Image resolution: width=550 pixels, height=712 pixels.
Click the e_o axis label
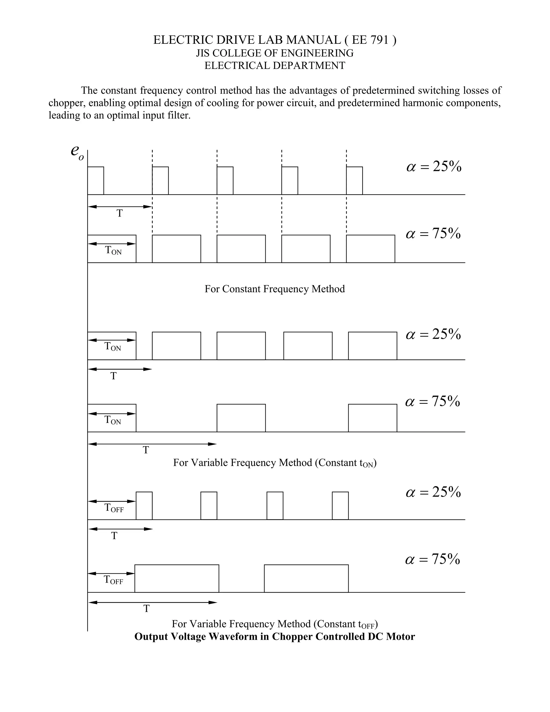pos(77,153)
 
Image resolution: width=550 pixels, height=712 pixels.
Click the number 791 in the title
pos(379,40)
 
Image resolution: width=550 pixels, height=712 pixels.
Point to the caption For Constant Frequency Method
pos(275,289)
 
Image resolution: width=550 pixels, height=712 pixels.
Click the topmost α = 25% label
pos(434,167)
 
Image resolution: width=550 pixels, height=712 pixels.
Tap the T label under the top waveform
pos(120,214)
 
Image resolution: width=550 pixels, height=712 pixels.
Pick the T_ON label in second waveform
pos(113,250)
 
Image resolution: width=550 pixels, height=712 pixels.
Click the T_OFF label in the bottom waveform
pos(113,580)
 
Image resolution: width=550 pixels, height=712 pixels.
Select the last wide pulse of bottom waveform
pos(306,578)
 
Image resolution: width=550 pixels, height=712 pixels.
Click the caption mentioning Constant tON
pos(275,463)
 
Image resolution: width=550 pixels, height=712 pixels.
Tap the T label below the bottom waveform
pos(147,608)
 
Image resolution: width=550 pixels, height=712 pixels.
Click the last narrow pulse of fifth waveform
pos(340,506)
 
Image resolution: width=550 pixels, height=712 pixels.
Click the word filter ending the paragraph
pos(179,116)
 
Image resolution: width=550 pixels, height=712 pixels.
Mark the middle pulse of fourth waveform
pos(241,418)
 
